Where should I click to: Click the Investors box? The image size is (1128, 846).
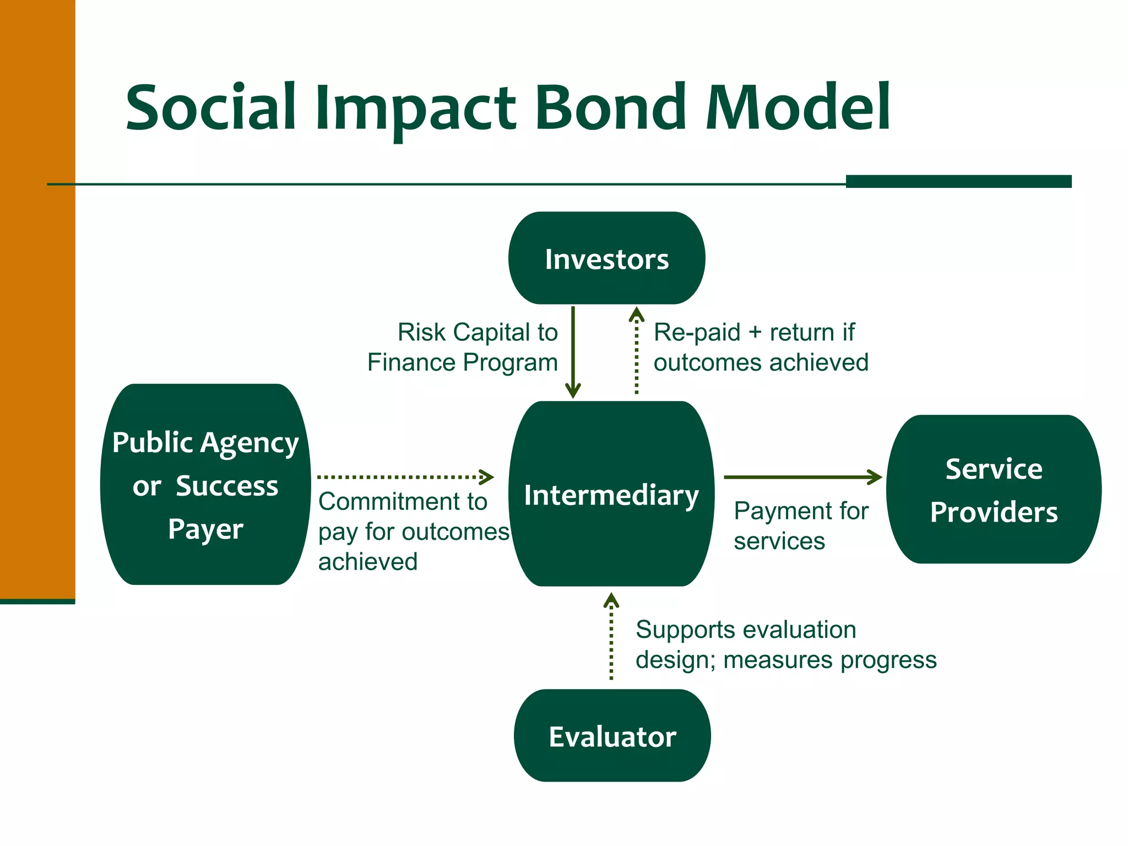tap(606, 258)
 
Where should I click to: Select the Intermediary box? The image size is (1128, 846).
tap(611, 494)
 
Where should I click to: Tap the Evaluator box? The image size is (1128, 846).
tap(612, 736)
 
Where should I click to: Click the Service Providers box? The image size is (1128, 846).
tap(994, 490)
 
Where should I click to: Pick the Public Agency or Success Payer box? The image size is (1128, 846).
tap(205, 485)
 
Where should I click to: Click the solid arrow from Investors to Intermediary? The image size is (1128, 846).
tap(573, 352)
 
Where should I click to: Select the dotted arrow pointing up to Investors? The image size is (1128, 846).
tap(637, 352)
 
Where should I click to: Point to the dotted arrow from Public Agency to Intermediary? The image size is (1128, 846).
tap(405, 477)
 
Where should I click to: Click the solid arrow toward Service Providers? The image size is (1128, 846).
tap(801, 477)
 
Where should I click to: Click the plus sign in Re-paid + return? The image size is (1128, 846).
tap(755, 333)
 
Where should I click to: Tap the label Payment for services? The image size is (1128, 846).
tap(800, 525)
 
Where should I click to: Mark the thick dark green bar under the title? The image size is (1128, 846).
tap(958, 181)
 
